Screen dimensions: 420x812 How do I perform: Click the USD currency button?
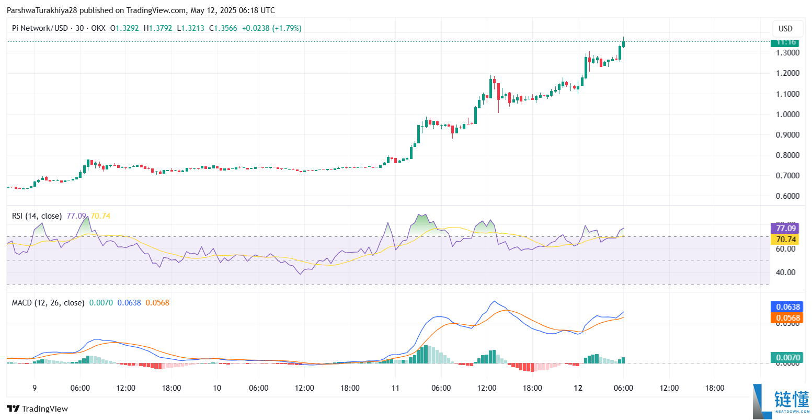[785, 29]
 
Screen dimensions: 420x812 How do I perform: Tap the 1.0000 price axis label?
[787, 115]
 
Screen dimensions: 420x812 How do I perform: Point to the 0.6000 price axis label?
[787, 196]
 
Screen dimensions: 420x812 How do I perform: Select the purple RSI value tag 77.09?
[785, 228]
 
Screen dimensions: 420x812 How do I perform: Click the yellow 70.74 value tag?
[785, 240]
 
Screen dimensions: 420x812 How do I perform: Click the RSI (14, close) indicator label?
[37, 216]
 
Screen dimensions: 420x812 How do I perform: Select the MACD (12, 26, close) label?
[48, 303]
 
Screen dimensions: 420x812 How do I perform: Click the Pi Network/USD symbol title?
[40, 28]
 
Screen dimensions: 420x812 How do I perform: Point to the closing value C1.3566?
[223, 28]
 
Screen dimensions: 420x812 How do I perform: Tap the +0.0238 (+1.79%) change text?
[271, 28]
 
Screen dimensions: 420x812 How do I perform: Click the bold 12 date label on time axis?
[578, 388]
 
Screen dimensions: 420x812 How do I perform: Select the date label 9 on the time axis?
[35, 388]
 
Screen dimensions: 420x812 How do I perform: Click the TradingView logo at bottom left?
[37, 409]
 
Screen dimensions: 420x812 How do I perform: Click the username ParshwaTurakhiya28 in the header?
[41, 10]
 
